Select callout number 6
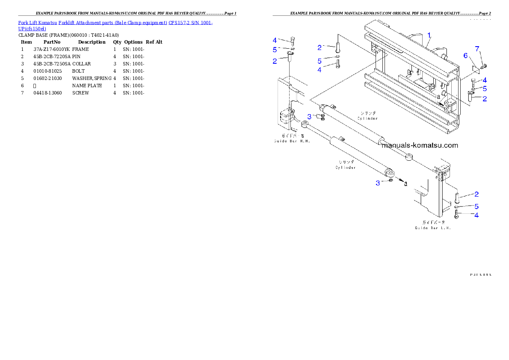pyautogui.click(x=466, y=55)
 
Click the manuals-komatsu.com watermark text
pyautogui.click(x=419, y=145)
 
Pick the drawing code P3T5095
pyautogui.click(x=480, y=275)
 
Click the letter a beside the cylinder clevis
pyautogui.click(x=405, y=183)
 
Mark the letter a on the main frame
pyautogui.click(x=438, y=97)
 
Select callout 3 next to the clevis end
pyautogui.click(x=378, y=183)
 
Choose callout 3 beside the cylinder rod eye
pyautogui.click(x=309, y=116)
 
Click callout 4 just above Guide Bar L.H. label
pyautogui.click(x=476, y=215)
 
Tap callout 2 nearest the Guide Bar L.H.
pyautogui.click(x=476, y=194)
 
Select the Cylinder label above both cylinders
pyautogui.click(x=368, y=115)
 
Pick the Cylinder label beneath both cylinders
pyautogui.click(x=346, y=165)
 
